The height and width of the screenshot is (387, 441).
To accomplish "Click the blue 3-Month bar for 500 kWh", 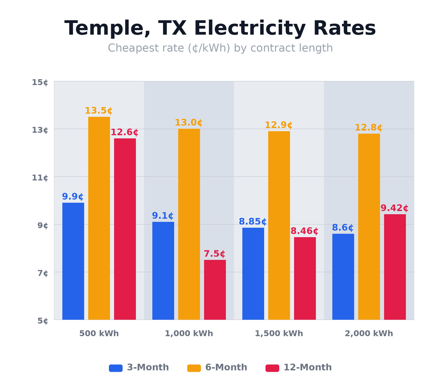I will coord(73,261).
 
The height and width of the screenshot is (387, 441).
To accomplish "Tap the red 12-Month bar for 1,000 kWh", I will coord(215,290).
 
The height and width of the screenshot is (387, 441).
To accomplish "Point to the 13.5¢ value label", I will coord(99,111).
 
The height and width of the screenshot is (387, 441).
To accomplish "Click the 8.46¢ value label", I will coord(304,231).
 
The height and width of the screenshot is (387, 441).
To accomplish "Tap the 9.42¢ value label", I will coord(394,208).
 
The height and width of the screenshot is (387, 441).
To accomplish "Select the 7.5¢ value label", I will coord(214,254).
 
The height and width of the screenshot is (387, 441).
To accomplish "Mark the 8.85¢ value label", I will coord(252,222).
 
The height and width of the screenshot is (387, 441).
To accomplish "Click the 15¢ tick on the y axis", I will coord(40,82).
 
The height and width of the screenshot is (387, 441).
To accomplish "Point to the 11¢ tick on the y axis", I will coord(40,178).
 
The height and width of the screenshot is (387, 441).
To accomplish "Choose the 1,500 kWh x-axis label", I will coord(279,334).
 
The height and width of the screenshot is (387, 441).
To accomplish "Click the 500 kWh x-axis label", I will coord(99,334).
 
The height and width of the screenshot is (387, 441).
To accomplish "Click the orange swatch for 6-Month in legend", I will coord(194,368).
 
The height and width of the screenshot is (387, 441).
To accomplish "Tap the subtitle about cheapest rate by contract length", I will coord(220,48).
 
